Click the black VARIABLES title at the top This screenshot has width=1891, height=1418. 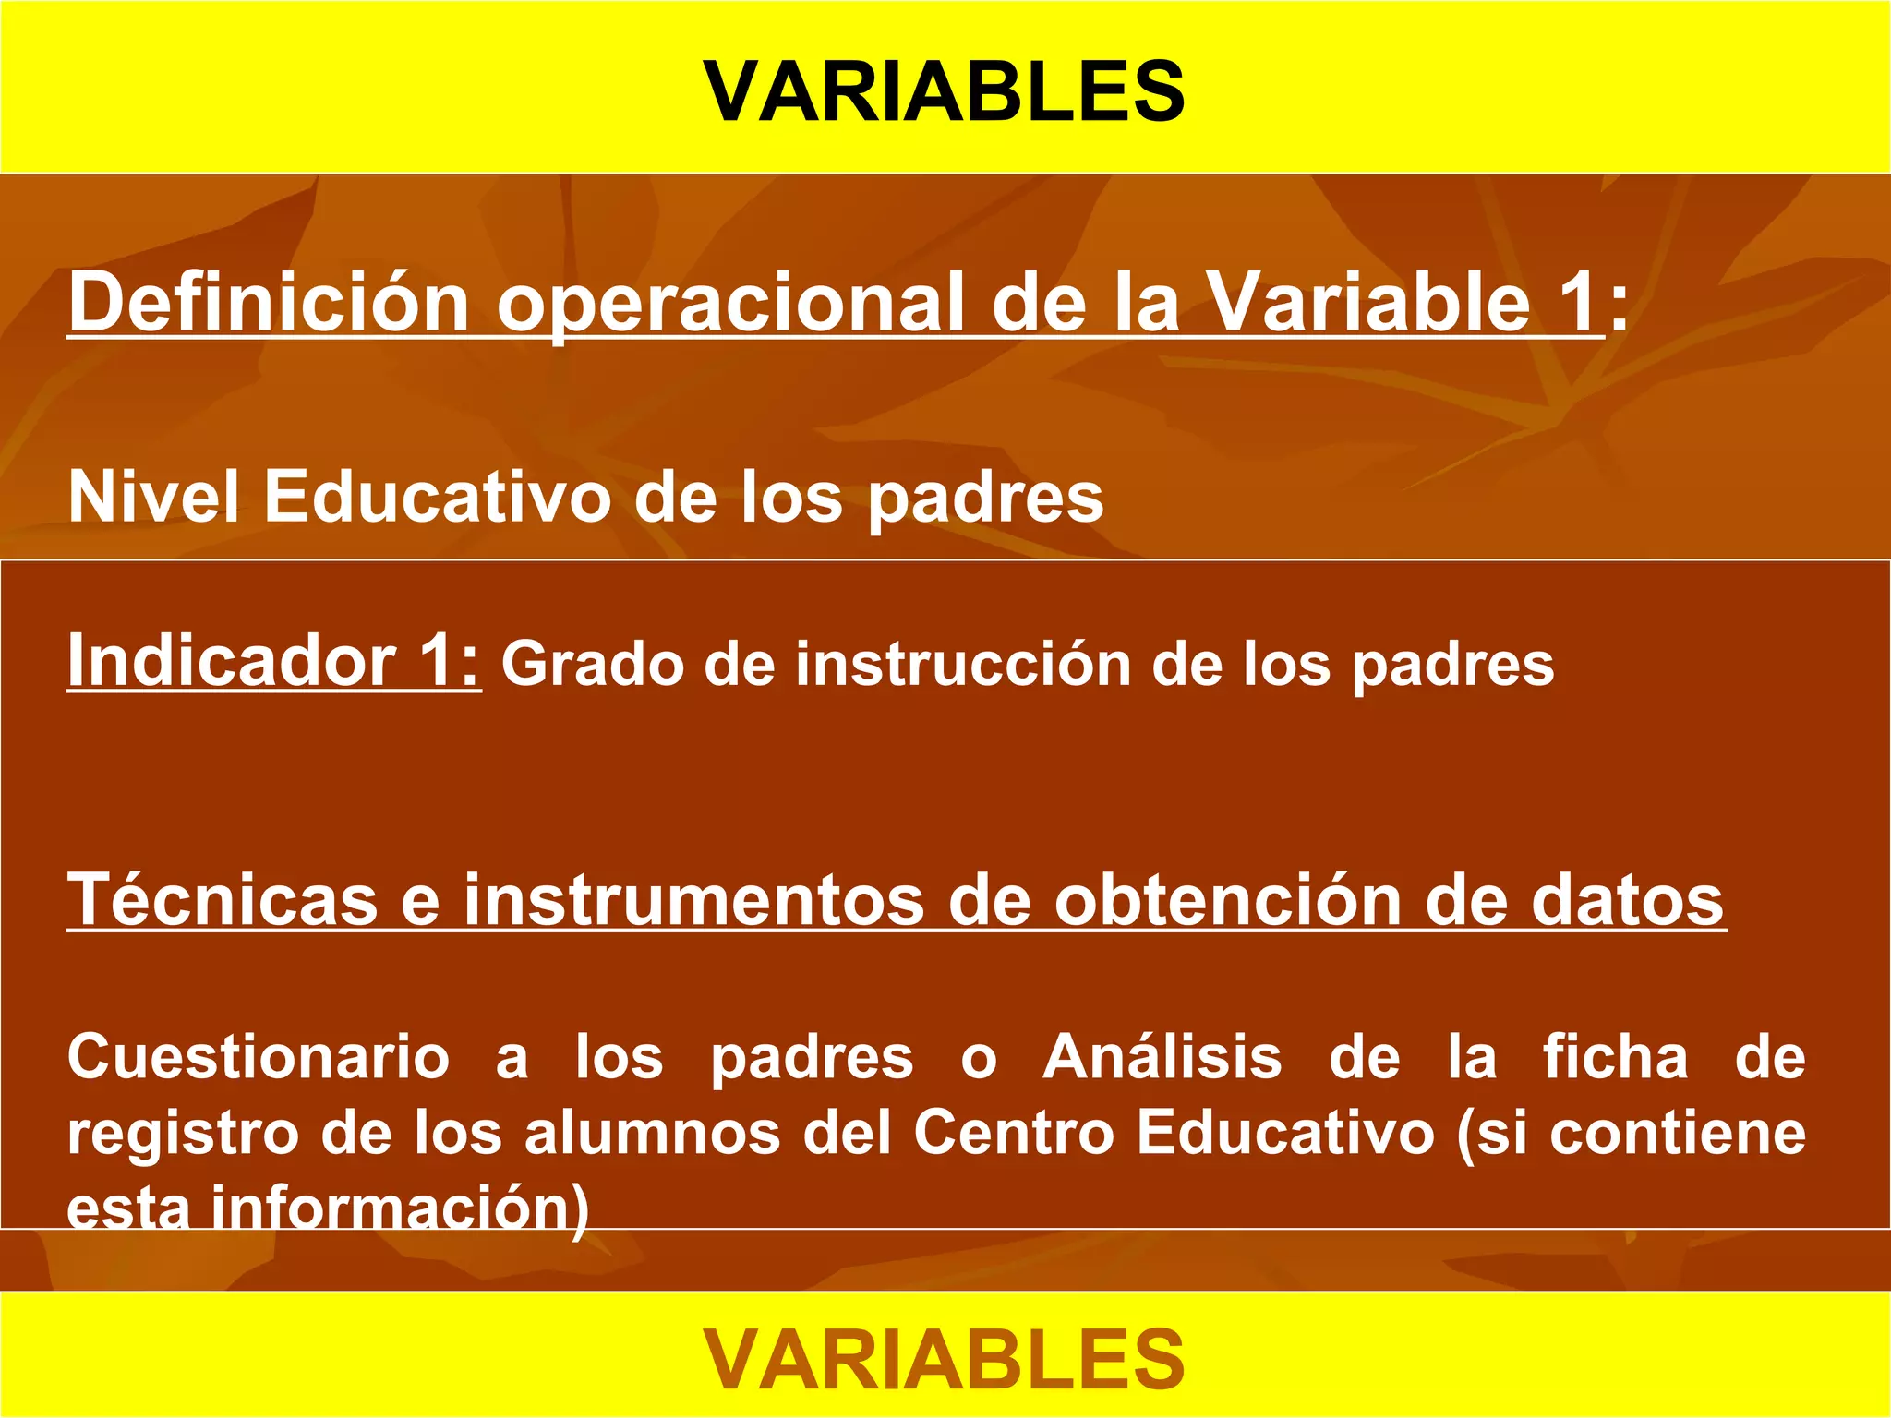pos(945,90)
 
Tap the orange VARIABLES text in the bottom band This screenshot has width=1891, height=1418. pos(945,1359)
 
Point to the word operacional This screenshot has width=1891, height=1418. pos(730,305)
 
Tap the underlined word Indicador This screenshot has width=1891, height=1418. pos(232,660)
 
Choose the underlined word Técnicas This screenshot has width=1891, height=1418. pos(223,899)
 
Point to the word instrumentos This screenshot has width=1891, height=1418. pos(693,899)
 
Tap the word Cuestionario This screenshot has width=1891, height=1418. pos(259,1057)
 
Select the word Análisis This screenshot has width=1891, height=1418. pos(1162,1057)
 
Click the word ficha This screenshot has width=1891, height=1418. pos(1615,1057)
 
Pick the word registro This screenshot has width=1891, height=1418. pos(183,1134)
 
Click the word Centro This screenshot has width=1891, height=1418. pos(1014,1133)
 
